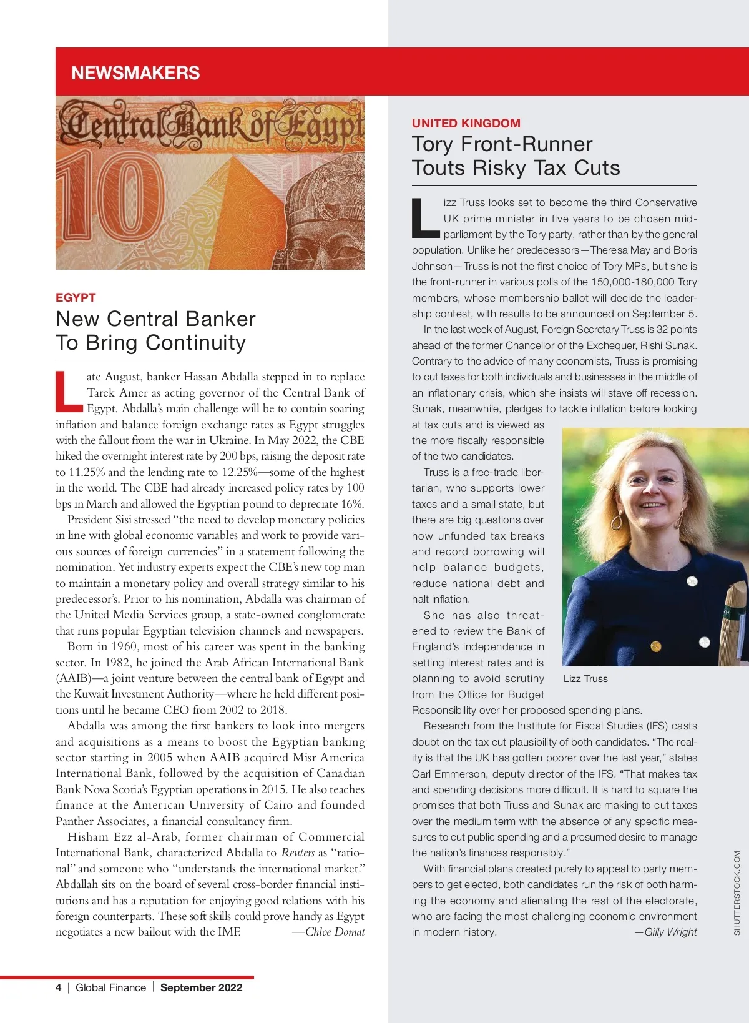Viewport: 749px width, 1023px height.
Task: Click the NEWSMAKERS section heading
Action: [135, 73]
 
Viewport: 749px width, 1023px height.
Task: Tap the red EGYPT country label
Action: [76, 297]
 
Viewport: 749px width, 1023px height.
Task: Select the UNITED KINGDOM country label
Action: [466, 123]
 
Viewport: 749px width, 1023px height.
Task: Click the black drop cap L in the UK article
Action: [425, 219]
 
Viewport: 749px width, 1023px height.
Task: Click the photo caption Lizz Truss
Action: [585, 679]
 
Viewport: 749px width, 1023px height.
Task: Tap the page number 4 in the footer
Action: [59, 987]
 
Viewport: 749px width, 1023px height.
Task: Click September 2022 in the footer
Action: [201, 987]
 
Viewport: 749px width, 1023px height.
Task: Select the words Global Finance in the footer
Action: [110, 987]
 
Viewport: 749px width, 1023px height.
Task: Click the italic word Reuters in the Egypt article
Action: [298, 852]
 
